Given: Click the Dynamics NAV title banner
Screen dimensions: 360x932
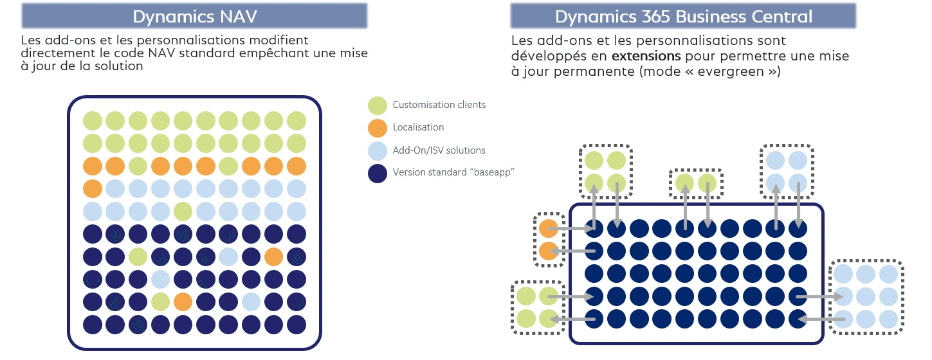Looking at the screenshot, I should pyautogui.click(x=194, y=15).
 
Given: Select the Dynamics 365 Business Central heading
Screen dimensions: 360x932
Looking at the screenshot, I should pyautogui.click(x=683, y=15).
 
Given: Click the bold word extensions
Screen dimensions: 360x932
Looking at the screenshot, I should pyautogui.click(x=646, y=57).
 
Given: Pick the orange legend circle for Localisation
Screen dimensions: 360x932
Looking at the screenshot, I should pyautogui.click(x=378, y=127).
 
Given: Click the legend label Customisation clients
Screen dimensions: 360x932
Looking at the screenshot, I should pyautogui.click(x=439, y=105).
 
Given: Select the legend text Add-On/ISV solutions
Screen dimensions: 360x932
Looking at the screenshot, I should pyautogui.click(x=439, y=150).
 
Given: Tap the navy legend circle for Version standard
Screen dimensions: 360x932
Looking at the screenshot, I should pyautogui.click(x=378, y=173).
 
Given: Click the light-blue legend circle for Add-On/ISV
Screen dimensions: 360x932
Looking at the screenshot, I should pyautogui.click(x=378, y=150).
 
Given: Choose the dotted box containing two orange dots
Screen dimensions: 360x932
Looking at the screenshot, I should pyautogui.click(x=548, y=239).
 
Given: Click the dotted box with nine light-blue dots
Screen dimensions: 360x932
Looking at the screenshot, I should pyautogui.click(x=866, y=296).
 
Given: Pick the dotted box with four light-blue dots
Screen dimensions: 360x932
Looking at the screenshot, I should pyautogui.click(x=787, y=170).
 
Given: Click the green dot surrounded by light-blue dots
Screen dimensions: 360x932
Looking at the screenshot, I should pyautogui.click(x=183, y=211).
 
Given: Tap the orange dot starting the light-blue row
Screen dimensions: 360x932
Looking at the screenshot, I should pyautogui.click(x=93, y=189).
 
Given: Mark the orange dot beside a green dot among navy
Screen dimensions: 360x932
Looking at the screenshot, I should pyautogui.click(x=183, y=301).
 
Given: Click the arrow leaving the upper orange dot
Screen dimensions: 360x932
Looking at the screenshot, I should pyautogui.click(x=572, y=228).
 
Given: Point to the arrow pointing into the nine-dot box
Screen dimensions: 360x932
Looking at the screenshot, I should pyautogui.click(x=820, y=296).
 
